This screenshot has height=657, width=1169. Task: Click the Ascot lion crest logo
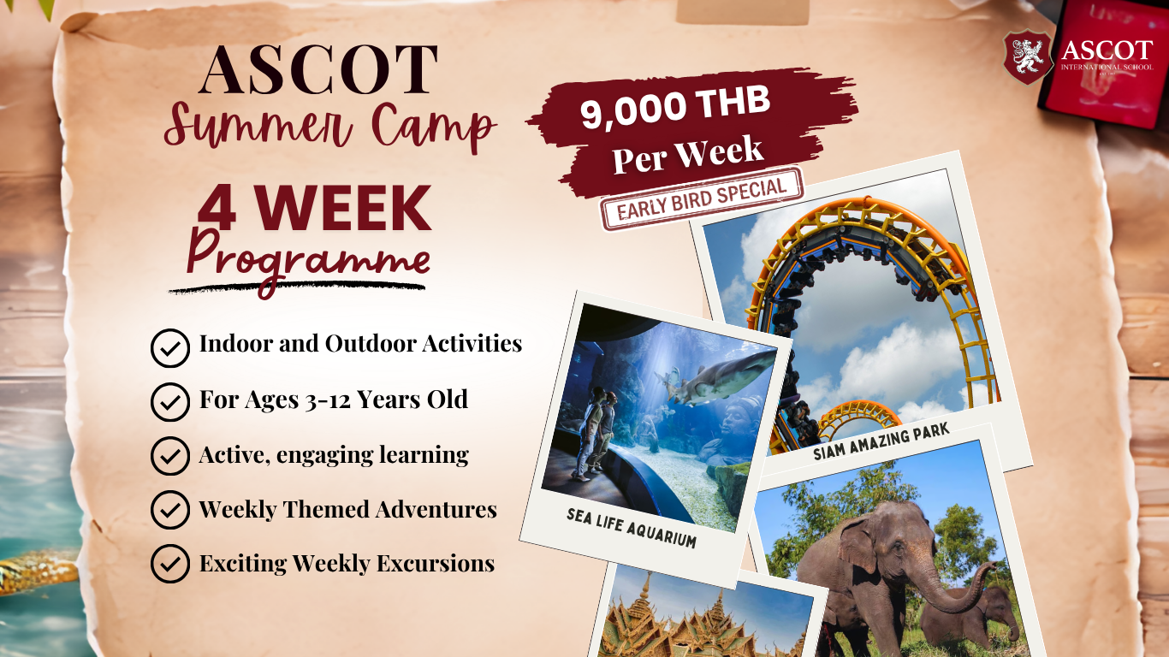1028,57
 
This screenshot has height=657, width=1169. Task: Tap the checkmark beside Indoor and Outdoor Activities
169,348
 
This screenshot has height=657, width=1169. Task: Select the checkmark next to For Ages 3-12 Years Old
169,402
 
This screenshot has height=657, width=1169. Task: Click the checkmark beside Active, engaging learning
169,457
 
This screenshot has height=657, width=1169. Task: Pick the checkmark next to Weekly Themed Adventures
169,511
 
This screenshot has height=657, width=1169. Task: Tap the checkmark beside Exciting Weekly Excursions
169,565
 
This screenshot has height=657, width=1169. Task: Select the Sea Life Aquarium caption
631,527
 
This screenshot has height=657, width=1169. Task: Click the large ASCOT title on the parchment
318,70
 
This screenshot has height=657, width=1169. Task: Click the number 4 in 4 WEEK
217,210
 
